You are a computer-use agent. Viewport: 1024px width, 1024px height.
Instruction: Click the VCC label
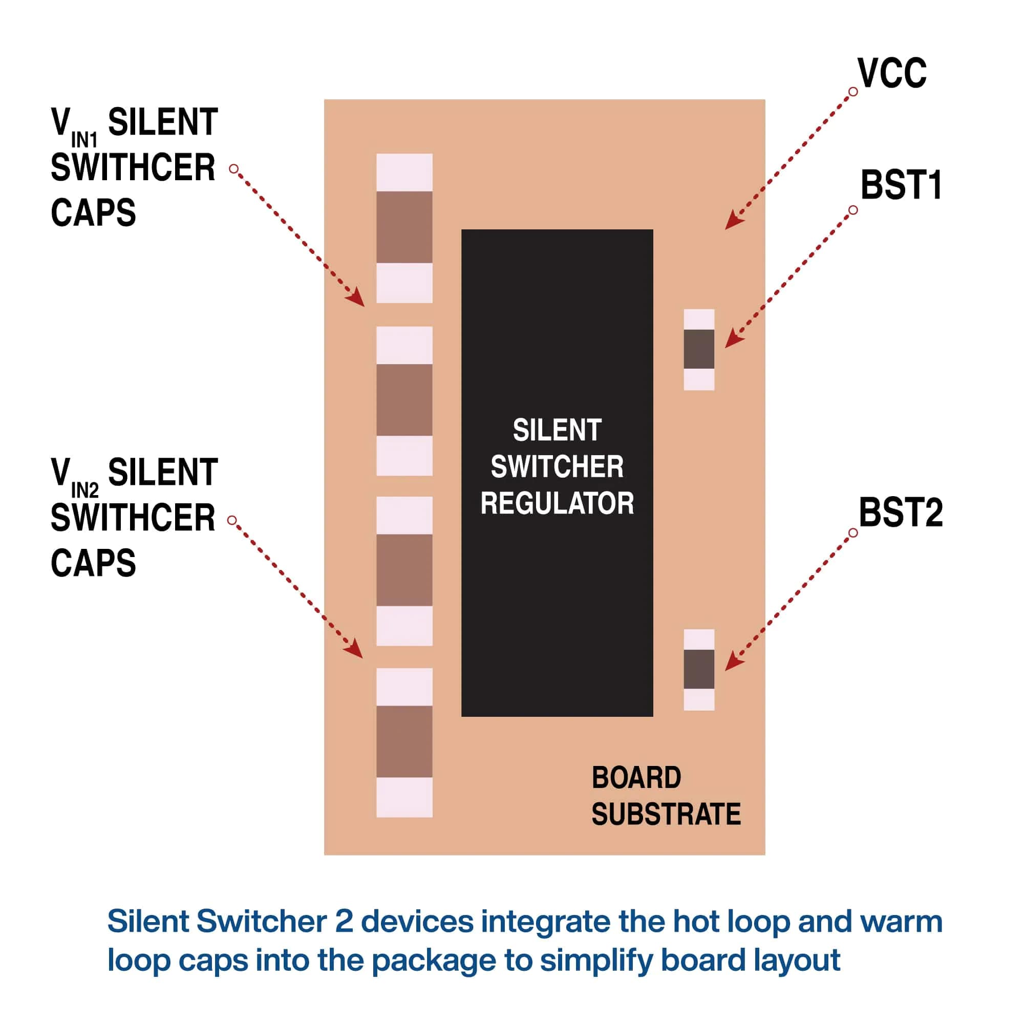click(x=892, y=74)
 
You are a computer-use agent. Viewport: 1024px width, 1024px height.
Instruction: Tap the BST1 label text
click(x=901, y=185)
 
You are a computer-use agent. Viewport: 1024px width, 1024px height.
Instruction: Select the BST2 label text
click(x=901, y=513)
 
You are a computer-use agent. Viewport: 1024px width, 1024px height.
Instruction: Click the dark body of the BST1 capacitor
click(x=698, y=349)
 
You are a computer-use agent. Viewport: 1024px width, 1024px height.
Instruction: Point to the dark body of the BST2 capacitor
click(x=698, y=669)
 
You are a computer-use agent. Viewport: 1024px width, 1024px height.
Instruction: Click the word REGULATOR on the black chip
click(x=557, y=503)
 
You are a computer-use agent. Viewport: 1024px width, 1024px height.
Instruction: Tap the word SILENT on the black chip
click(x=557, y=430)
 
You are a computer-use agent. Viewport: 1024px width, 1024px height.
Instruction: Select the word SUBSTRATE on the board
click(x=666, y=815)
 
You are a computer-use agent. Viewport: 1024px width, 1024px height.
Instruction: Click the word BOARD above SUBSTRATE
click(x=636, y=778)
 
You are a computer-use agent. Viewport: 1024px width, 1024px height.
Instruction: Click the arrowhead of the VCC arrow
click(x=732, y=223)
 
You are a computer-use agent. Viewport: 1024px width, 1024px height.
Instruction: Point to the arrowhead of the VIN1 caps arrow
click(x=358, y=301)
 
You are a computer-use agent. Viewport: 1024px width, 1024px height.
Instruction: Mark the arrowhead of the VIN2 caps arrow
click(x=357, y=652)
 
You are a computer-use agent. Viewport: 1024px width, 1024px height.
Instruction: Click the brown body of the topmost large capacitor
click(x=404, y=227)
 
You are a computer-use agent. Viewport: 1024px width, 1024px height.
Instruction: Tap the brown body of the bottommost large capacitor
click(x=404, y=741)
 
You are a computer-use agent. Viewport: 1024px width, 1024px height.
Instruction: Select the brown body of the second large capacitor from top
click(x=404, y=400)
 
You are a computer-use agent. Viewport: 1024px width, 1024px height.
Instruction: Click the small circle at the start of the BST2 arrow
click(x=853, y=532)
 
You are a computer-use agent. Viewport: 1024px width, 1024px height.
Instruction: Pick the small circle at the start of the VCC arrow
click(x=853, y=92)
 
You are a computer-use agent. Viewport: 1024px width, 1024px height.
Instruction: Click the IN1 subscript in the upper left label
click(x=84, y=140)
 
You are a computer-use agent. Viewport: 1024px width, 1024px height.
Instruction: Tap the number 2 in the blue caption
click(x=344, y=921)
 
